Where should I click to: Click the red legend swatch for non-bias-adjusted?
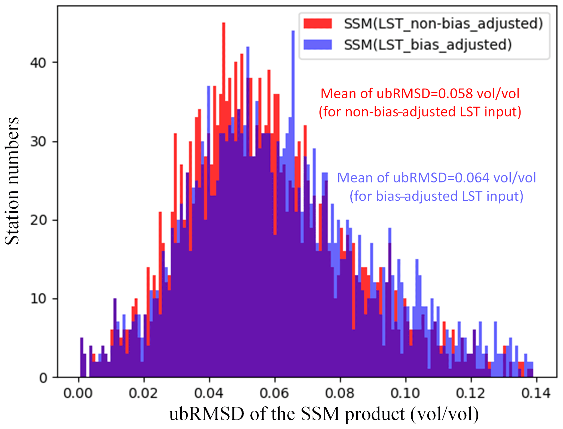318,23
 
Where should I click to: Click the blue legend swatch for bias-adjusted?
318,44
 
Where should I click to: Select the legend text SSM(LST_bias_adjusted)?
428,44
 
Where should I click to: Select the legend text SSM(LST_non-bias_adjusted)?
443,24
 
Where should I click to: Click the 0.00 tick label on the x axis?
78,393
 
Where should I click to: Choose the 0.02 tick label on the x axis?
144,393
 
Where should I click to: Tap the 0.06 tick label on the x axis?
274,393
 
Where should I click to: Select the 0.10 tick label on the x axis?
405,393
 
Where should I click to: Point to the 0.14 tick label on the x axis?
536,393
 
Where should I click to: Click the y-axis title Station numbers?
12,181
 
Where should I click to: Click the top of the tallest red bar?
224,23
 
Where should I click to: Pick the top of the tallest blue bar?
293,31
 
